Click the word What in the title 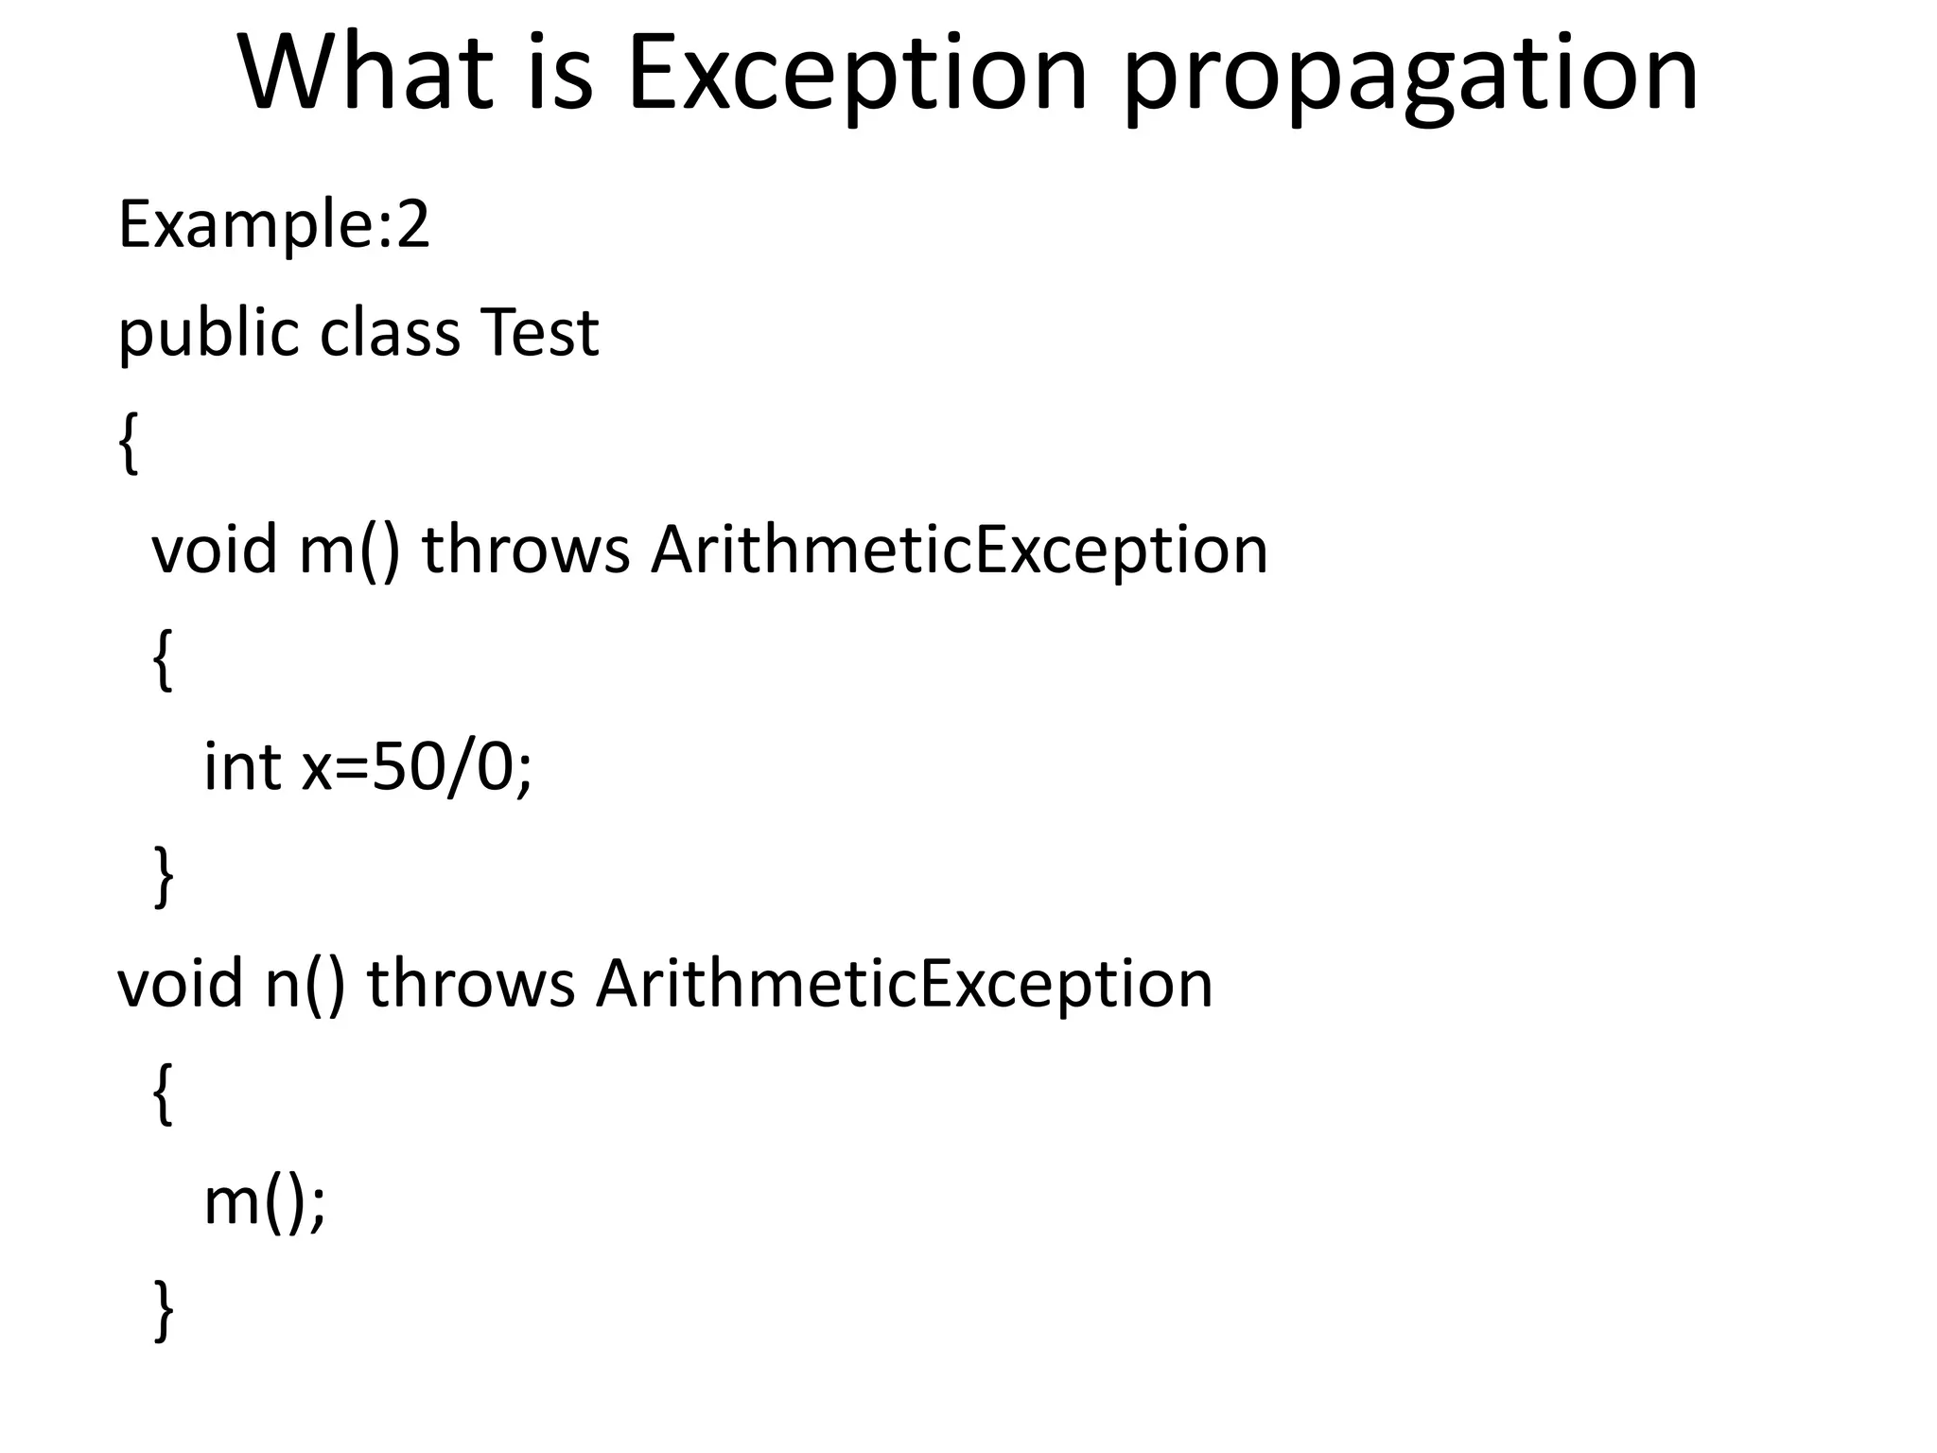point(366,74)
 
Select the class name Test point(539,333)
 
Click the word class point(390,333)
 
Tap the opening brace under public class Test point(129,443)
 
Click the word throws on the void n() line point(470,984)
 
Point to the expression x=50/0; point(416,767)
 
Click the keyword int point(241,766)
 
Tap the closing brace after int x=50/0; point(163,876)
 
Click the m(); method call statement point(265,1202)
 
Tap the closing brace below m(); point(163,1310)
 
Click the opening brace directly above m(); point(163,1093)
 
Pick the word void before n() point(180,984)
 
